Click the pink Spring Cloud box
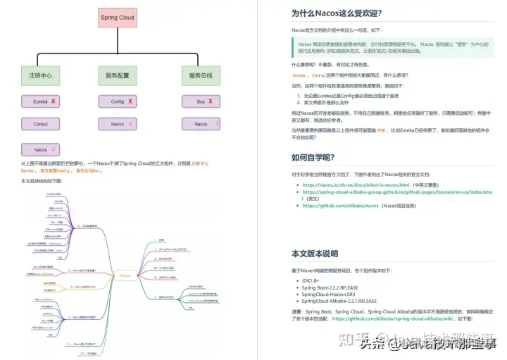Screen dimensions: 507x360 coord(118,17)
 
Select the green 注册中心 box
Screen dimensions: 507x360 coord(40,75)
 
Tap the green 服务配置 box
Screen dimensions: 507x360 coord(117,75)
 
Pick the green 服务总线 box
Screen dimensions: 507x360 coord(201,75)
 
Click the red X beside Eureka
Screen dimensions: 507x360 coord(53,101)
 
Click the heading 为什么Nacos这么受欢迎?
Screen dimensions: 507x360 coord(337,13)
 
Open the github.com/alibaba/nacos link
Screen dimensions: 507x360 coord(342,206)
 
